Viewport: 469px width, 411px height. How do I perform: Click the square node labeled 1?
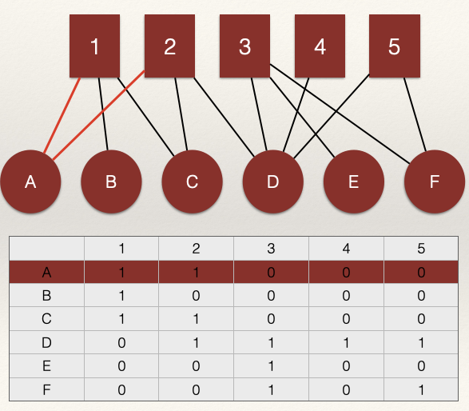point(94,46)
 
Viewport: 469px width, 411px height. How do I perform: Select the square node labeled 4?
point(320,46)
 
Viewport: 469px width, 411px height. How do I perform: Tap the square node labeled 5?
point(395,46)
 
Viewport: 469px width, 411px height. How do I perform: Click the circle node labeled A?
point(30,182)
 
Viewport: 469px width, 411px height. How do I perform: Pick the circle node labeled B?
point(111,182)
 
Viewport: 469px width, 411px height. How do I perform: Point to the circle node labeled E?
point(353,182)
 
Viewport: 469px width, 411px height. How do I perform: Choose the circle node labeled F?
point(435,182)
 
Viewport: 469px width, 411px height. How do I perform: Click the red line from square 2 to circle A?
point(99,115)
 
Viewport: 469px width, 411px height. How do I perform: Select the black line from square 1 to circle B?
point(103,114)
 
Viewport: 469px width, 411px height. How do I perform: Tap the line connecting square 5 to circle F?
point(415,114)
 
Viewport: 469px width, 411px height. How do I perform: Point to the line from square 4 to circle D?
point(296,115)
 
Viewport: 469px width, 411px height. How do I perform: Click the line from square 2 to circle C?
point(181,114)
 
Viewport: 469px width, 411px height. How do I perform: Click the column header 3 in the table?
point(271,249)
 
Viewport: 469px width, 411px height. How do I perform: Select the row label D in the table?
point(46,342)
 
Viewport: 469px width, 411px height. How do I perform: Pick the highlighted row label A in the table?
point(46,272)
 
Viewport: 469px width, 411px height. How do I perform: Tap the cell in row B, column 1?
point(121,295)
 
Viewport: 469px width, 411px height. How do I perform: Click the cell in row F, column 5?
point(421,389)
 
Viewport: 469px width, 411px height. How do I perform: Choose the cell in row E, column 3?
point(271,365)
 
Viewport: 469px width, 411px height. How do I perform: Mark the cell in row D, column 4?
point(347,342)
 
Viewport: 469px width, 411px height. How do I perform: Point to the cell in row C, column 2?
point(196,319)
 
